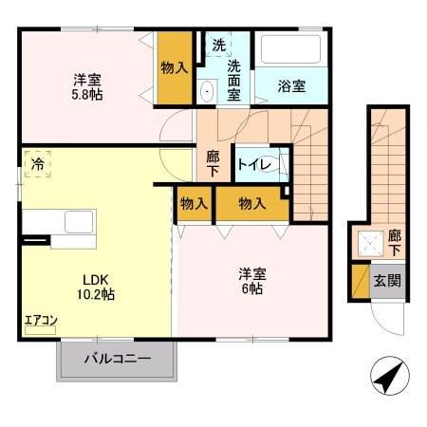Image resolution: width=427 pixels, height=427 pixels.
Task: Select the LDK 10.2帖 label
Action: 96,287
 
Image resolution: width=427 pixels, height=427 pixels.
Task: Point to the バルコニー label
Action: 118,361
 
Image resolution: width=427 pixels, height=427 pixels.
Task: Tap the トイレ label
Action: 255,165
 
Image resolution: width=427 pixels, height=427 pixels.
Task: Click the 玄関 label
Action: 385,280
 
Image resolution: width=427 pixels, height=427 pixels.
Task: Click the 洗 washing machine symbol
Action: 219,45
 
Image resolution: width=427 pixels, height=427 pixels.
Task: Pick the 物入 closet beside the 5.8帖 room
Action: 175,68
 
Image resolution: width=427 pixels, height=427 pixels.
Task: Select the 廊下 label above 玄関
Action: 393,241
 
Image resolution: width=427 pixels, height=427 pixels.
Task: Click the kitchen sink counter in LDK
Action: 57,221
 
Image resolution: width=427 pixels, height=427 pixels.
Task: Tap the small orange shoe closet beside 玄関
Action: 360,281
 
